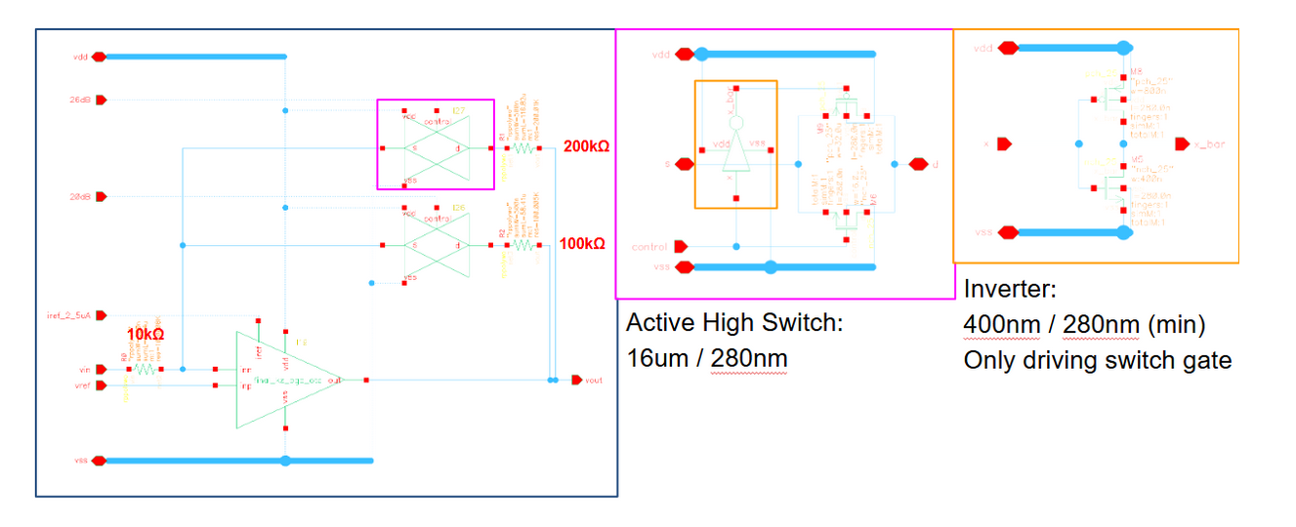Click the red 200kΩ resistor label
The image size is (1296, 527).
click(586, 146)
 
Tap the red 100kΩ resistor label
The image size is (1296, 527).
click(582, 243)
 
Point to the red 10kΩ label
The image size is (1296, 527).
click(145, 334)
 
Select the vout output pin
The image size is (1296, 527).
click(577, 380)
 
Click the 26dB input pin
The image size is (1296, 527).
click(101, 100)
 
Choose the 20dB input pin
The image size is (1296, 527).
click(101, 197)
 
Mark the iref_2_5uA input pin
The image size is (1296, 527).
click(101, 315)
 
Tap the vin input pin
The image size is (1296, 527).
click(101, 370)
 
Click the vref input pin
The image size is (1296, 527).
click(101, 386)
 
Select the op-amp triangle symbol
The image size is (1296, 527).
click(283, 380)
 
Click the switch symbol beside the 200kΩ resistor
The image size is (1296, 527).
click(436, 147)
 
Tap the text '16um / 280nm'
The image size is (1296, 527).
click(706, 359)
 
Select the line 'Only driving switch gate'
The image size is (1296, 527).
click(1097, 360)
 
